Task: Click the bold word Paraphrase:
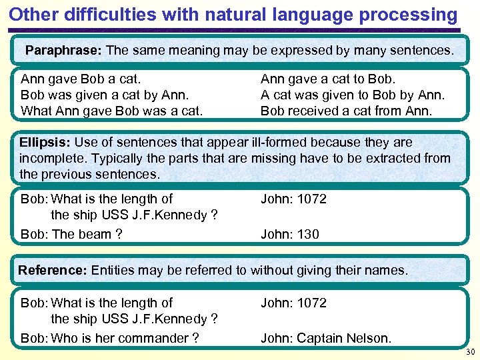pos(63,50)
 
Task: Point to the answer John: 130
pos(289,234)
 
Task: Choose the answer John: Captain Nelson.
pos(326,338)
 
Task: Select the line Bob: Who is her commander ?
pos(110,338)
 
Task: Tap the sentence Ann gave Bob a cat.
pos(81,79)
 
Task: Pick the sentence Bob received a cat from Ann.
pos(346,111)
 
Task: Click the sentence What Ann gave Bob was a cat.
pos(111,111)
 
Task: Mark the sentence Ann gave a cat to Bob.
pos(328,79)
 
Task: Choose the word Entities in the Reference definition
pos(114,270)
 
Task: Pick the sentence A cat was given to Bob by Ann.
pos(352,95)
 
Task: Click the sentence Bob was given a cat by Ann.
pos(105,95)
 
